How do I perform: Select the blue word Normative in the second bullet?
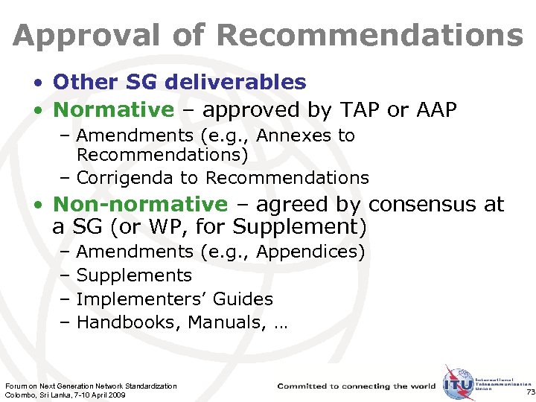point(113,110)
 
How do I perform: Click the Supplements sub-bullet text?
point(134,275)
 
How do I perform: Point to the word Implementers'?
point(141,299)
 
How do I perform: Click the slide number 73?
point(529,392)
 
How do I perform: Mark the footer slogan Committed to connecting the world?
point(357,386)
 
